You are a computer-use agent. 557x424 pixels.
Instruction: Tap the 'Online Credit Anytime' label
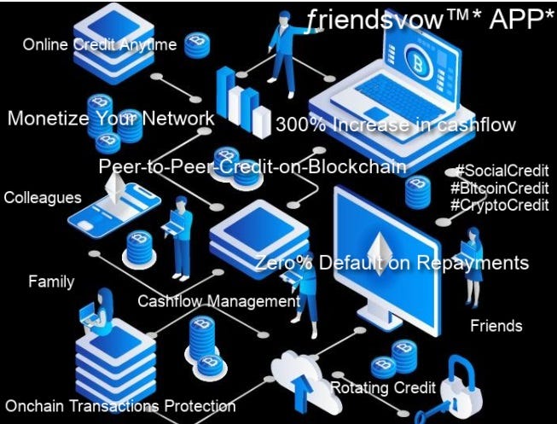pos(100,44)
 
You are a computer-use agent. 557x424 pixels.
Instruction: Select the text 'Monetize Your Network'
pos(111,119)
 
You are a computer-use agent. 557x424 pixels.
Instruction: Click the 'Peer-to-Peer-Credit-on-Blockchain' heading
pos(252,166)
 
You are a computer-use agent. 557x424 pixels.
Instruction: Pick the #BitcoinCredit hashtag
pos(499,188)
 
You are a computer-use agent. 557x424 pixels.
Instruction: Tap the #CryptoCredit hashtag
pos(499,205)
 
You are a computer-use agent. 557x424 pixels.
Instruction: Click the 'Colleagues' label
pos(43,198)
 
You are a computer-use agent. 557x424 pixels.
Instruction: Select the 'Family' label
pos(51,282)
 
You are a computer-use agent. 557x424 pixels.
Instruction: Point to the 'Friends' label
pos(496,326)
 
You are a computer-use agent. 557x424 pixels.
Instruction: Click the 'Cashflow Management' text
pos(218,301)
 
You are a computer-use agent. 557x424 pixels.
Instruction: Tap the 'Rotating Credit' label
pos(383,388)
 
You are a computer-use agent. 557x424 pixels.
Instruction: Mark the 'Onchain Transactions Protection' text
pos(120,406)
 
